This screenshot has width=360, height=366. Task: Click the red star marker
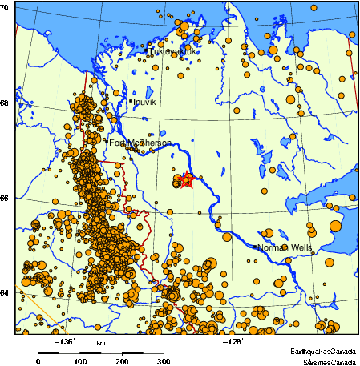pyautogui.click(x=187, y=180)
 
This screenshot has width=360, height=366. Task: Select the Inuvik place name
pyautogui.click(x=144, y=103)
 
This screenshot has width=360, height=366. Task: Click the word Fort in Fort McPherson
pyautogui.click(x=117, y=143)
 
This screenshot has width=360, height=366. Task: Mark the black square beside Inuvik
pyautogui.click(x=131, y=101)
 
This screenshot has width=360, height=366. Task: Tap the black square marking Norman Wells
pyautogui.click(x=255, y=247)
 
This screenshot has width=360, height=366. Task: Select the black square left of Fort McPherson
pyautogui.click(x=105, y=141)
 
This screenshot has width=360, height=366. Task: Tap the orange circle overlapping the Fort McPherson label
pyautogui.click(x=142, y=143)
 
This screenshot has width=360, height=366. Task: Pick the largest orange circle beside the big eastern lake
pyautogui.click(x=335, y=226)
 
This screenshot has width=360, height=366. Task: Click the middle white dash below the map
pyautogui.click(x=111, y=352)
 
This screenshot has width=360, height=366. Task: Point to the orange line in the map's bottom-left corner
pyautogui.click(x=24, y=292)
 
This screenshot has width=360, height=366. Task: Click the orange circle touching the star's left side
pyautogui.click(x=177, y=183)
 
